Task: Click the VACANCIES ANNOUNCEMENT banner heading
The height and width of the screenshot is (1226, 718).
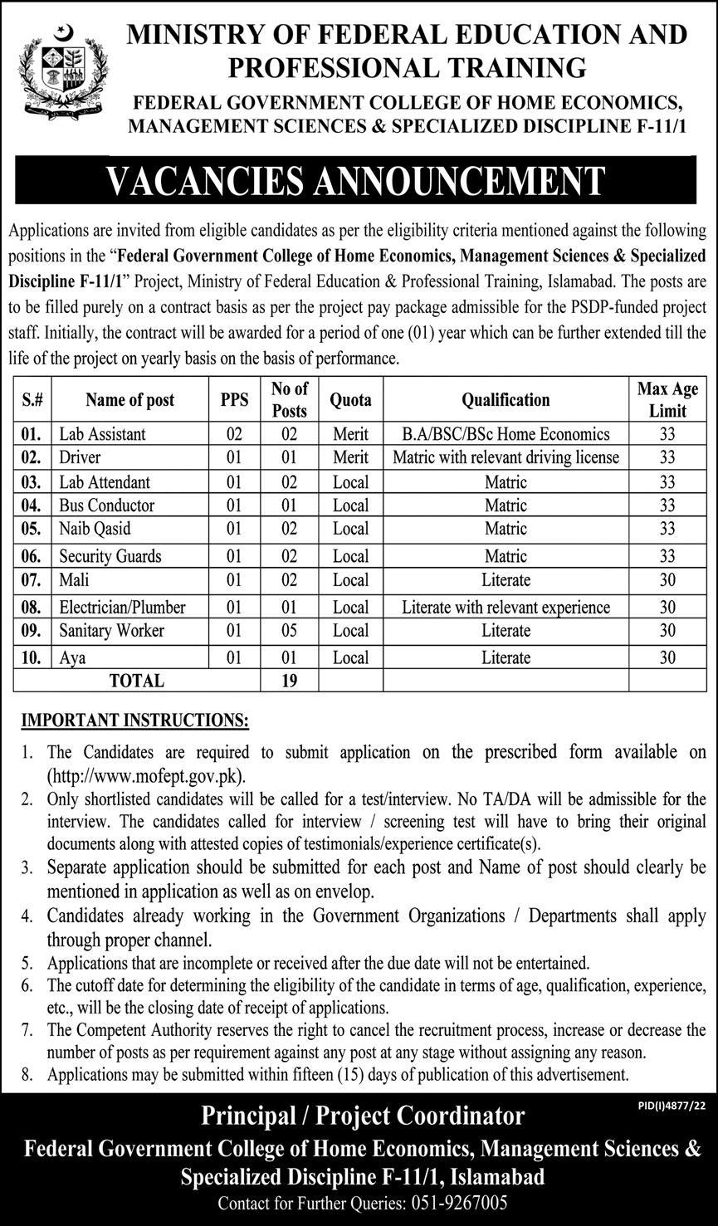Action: (358, 181)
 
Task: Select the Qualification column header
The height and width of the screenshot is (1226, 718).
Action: (506, 400)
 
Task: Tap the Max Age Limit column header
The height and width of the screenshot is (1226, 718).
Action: (667, 399)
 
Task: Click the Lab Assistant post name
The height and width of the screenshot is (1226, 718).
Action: (102, 434)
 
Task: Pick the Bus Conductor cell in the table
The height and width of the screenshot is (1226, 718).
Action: (106, 506)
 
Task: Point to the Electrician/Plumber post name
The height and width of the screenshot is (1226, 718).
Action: (122, 608)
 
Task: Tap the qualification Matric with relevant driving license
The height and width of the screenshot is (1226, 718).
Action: (506, 457)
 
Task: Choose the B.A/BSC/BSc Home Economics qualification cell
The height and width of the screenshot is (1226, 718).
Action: (506, 434)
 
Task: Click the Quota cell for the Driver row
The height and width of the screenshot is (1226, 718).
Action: (350, 457)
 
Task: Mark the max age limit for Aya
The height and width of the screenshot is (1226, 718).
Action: (667, 658)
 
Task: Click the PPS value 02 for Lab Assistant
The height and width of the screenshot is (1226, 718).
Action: (234, 434)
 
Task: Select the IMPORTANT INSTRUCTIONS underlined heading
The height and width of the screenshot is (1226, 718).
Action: (134, 720)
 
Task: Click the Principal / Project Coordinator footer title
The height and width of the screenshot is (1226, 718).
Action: (363, 1116)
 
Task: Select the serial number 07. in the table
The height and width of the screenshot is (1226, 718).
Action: (32, 580)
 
